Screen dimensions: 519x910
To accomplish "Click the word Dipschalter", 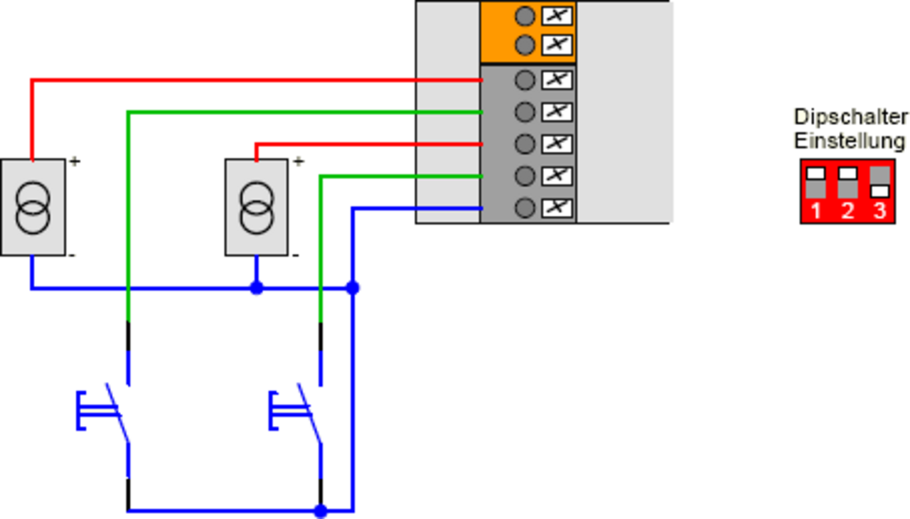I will coord(850,117).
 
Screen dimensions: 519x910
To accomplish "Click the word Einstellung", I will coord(850,140).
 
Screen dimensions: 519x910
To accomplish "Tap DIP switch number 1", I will coord(815,183).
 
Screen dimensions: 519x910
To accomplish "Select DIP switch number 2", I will coord(847,183).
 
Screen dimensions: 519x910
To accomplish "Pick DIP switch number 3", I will coord(879,183).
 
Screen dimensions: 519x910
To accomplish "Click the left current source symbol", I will coord(33,207).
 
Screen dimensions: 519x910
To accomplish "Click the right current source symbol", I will coord(257,207).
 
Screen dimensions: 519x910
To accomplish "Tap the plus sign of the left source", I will coord(75,162).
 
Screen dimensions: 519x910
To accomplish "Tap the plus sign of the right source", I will coord(298,162).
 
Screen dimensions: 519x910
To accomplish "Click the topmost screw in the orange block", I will coord(557,15).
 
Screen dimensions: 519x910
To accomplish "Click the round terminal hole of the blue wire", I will coord(525,208).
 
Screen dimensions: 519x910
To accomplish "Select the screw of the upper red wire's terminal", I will coord(557,80).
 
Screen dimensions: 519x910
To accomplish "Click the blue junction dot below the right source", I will coord(257,288).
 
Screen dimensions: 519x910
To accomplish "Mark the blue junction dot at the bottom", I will coord(321,510).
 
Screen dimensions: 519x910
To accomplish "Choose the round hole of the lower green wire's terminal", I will coord(525,176).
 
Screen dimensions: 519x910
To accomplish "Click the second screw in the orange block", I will coord(557,45).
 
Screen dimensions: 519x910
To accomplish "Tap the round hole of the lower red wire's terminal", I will coord(525,144).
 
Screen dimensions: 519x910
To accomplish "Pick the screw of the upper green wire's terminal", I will coord(557,112).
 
